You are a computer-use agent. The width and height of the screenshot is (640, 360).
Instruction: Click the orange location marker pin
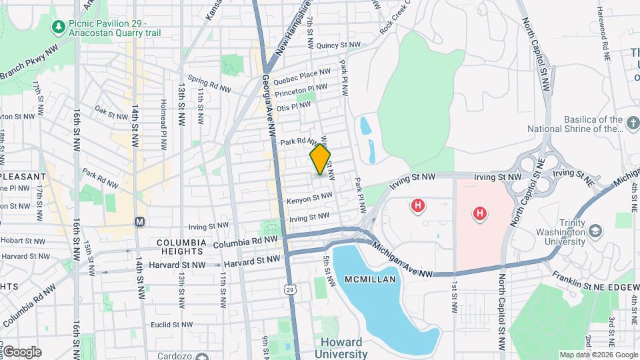tap(320, 160)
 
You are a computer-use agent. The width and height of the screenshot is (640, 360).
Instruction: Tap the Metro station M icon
tap(139, 221)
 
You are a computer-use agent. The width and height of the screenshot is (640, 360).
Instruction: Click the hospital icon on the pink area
tap(479, 214)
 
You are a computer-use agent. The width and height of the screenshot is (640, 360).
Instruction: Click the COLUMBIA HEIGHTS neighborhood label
tap(180, 247)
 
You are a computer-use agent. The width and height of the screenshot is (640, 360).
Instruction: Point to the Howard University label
tap(342, 348)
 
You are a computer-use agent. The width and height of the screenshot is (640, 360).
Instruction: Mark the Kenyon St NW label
tap(309, 199)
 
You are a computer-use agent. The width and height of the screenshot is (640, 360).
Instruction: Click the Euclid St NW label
tap(171, 325)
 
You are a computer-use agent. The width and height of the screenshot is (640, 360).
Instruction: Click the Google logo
tap(21, 351)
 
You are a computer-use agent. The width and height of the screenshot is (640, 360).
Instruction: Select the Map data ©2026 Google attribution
tap(598, 355)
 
